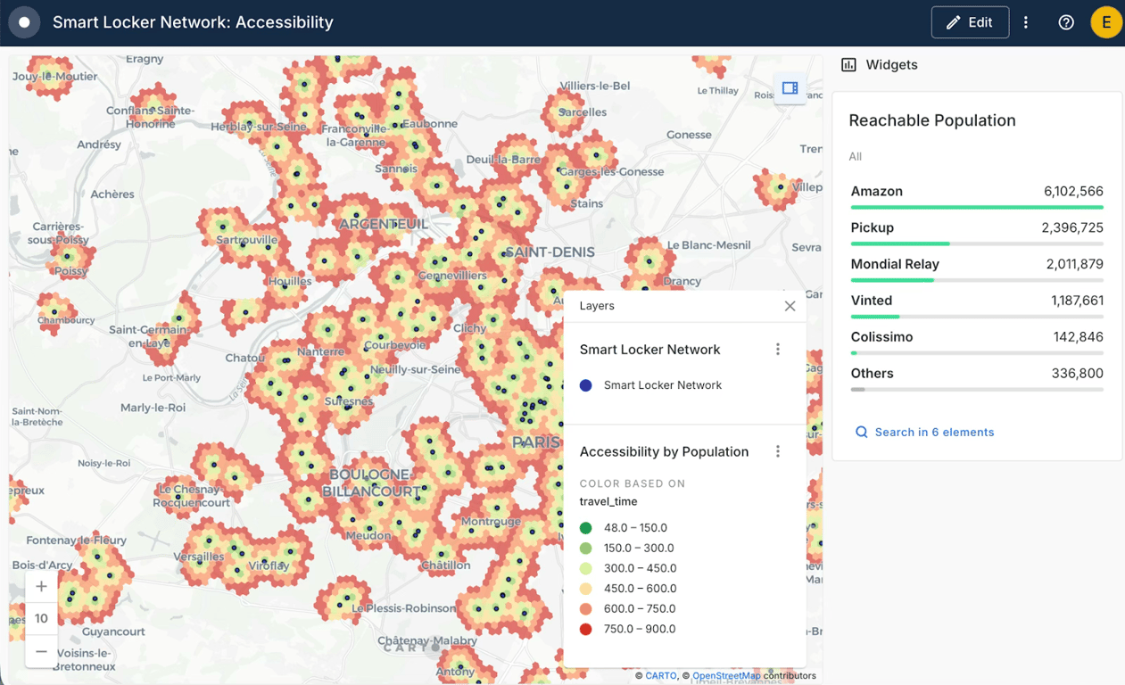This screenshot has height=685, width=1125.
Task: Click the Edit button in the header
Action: point(969,22)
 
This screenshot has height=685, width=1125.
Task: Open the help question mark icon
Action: point(1066,22)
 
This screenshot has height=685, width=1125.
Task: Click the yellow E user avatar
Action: point(1106,22)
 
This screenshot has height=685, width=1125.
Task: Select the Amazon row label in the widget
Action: point(876,191)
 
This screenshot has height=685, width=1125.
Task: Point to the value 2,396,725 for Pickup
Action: point(1071,227)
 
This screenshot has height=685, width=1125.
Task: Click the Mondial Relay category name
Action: point(894,264)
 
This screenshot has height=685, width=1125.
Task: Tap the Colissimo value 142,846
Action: point(1077,337)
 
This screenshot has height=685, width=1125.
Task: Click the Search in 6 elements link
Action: point(933,432)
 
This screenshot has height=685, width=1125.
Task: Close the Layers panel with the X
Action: point(790,306)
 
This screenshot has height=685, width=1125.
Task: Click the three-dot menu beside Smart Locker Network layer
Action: point(778,350)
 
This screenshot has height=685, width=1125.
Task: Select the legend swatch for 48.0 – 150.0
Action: point(586,528)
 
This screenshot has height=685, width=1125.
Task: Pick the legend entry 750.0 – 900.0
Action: point(639,629)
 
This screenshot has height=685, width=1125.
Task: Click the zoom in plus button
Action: point(41,586)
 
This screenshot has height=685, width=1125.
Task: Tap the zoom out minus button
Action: point(41,651)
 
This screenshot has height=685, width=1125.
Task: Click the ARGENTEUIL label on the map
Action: point(384,224)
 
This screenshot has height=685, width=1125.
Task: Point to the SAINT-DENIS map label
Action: point(550,252)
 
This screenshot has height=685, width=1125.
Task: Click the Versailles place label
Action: point(200,557)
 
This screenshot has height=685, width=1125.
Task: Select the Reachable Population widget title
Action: point(931,120)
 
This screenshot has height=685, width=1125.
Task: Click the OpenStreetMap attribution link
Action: point(726,676)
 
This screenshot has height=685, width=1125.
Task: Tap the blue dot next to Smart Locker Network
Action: point(585,385)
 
